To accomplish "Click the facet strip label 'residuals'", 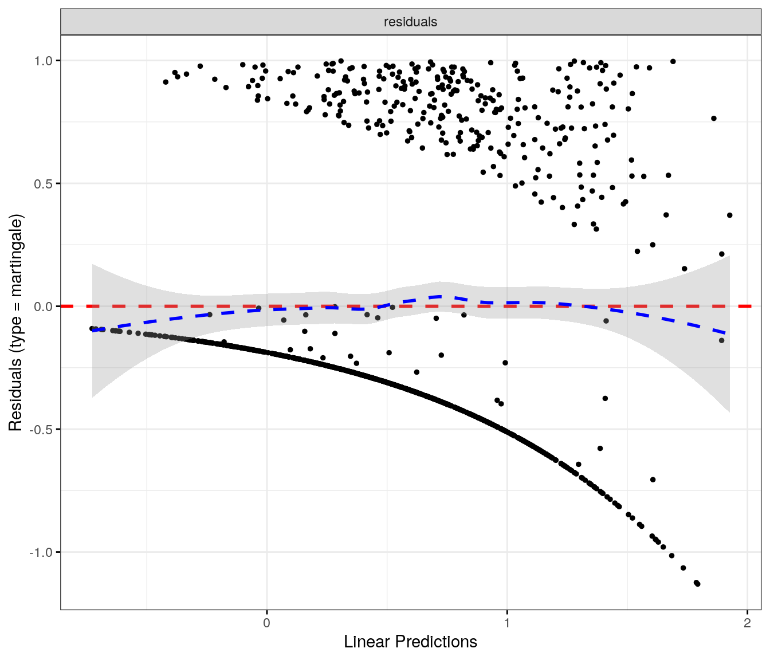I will (x=410, y=22).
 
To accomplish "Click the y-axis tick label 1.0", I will (x=44, y=61).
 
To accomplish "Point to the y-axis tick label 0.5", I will (x=44, y=184).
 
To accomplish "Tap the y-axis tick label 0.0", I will (x=44, y=307).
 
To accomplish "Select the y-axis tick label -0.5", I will (x=41, y=430).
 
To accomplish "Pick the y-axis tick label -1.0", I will (x=41, y=552).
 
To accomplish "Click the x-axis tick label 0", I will (x=266, y=623).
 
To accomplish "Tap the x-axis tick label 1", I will (x=507, y=623).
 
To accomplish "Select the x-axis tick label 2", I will (x=747, y=623).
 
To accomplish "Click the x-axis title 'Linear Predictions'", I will (x=410, y=642).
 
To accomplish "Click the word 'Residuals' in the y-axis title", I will (x=15, y=395).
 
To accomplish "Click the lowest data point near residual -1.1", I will (x=697, y=584).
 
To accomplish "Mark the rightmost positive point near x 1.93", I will (x=729, y=215).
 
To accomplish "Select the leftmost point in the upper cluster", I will (x=166, y=82).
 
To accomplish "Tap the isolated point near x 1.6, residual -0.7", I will (x=653, y=480).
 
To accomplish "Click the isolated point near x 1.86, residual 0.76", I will (x=714, y=119).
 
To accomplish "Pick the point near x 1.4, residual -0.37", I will (x=605, y=398).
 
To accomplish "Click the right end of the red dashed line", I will (x=751, y=307).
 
